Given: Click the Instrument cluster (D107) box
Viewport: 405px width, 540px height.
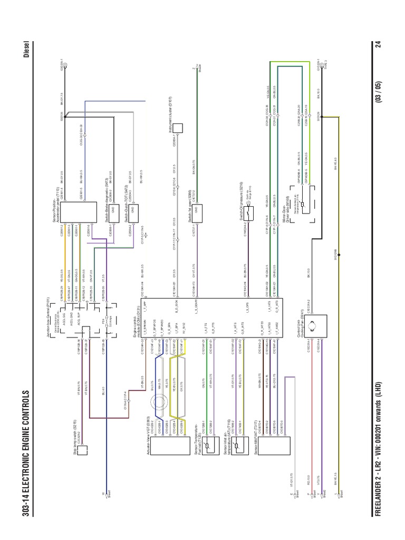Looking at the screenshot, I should pos(178,128).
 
